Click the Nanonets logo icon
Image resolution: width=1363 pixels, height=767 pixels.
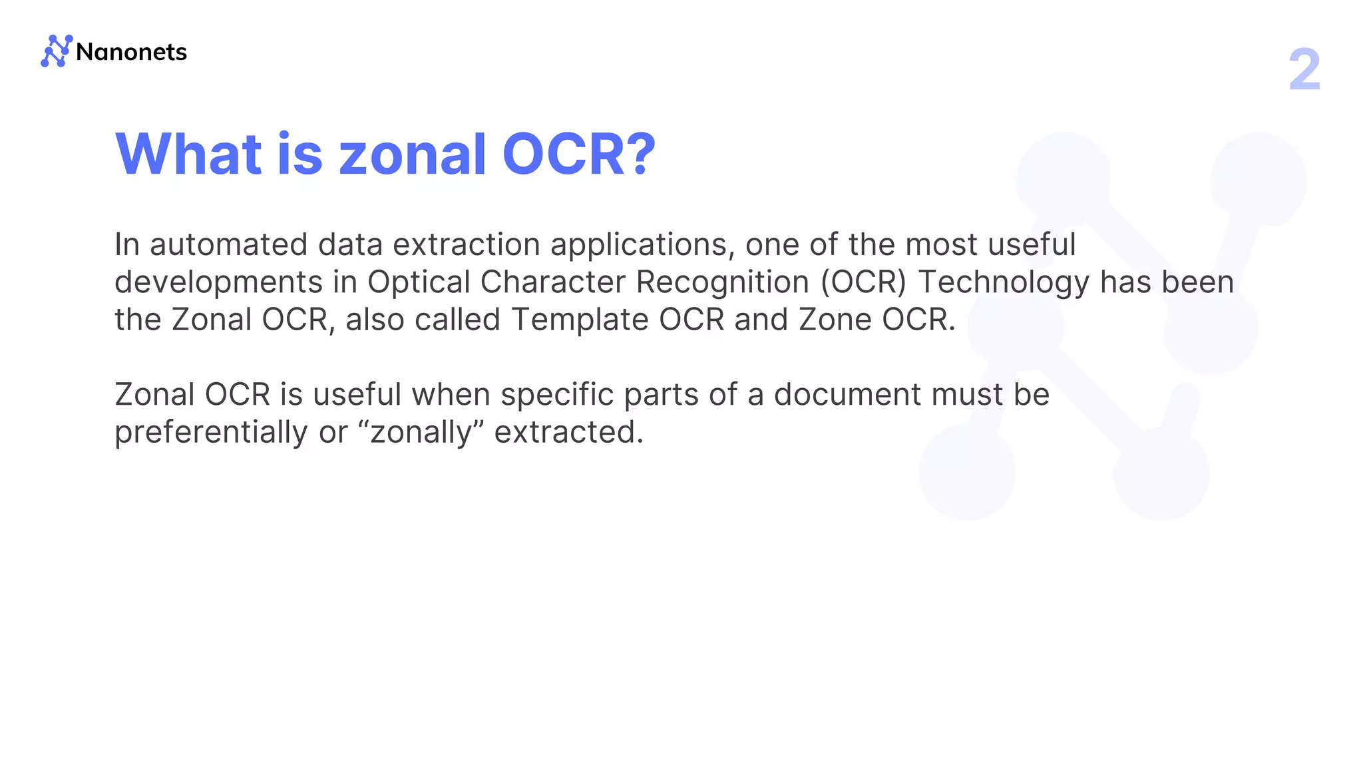56,51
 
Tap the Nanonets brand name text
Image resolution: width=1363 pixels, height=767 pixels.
131,52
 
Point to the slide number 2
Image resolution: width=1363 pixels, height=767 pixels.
1304,70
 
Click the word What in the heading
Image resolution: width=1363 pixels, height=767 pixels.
188,154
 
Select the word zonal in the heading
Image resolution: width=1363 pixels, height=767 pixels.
413,154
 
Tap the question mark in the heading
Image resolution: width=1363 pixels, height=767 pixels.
642,154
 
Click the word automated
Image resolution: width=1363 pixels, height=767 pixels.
228,245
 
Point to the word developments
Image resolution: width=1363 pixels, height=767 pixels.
218,282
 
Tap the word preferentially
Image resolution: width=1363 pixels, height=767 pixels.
211,433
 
